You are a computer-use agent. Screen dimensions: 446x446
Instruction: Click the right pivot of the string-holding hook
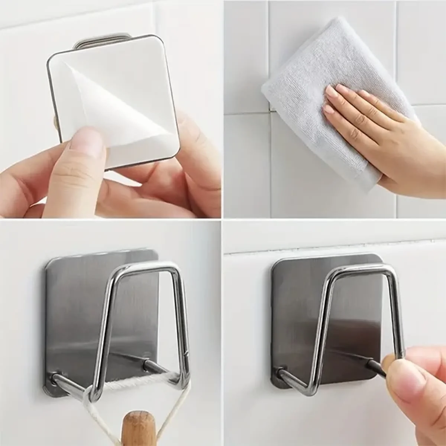tap(147, 361)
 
